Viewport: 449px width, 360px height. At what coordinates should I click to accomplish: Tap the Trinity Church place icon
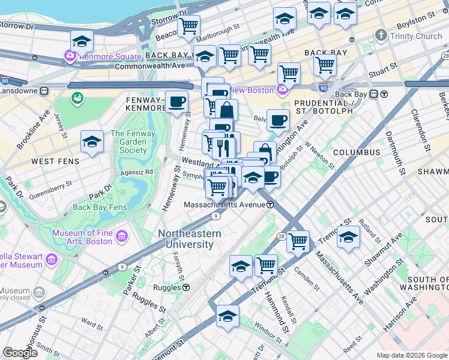(380, 36)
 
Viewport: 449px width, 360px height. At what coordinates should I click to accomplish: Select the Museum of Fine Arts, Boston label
(82, 237)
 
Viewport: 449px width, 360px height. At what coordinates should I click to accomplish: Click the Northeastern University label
(190, 239)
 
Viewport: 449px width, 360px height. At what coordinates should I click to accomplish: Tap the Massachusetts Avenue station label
(224, 205)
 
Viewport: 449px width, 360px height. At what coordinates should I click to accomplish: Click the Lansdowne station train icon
(44, 91)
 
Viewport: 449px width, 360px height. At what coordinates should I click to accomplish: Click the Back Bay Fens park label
(100, 208)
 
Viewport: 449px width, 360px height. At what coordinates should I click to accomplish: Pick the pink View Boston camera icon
(283, 91)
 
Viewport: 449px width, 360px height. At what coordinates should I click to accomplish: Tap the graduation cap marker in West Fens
(92, 142)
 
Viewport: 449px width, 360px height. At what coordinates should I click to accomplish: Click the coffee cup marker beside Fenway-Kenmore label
(176, 102)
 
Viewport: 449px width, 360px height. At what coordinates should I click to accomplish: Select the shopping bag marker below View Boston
(228, 110)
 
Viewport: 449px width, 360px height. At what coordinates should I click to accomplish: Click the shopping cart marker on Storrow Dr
(188, 26)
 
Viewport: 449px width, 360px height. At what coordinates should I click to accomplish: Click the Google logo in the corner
(19, 353)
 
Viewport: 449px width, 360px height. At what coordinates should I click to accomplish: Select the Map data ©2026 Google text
(411, 355)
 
